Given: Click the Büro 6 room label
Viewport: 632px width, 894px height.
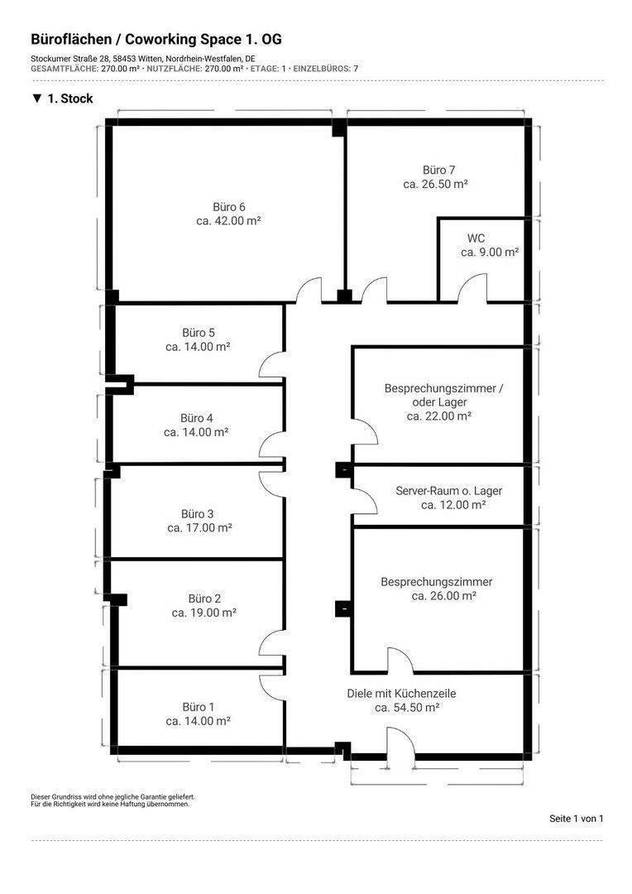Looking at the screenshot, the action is [229, 207].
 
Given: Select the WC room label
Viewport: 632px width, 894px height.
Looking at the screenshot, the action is [476, 238].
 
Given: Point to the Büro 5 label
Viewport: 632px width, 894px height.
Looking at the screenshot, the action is [199, 333].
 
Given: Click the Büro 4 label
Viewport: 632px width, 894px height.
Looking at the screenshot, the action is [197, 417].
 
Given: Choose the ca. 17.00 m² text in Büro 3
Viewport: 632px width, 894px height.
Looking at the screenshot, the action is [199, 527].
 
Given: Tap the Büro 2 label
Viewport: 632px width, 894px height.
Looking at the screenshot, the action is [204, 598].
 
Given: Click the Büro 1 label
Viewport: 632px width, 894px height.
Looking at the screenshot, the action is [199, 707].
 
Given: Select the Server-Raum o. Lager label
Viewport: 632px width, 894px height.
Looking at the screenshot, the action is [448, 490].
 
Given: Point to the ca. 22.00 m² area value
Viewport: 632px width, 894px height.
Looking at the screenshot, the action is [439, 416].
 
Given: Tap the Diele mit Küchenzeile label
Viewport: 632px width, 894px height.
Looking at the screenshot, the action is [402, 694].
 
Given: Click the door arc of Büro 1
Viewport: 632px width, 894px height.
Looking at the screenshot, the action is [271, 684].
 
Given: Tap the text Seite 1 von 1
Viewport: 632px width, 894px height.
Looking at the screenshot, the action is [576, 819].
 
